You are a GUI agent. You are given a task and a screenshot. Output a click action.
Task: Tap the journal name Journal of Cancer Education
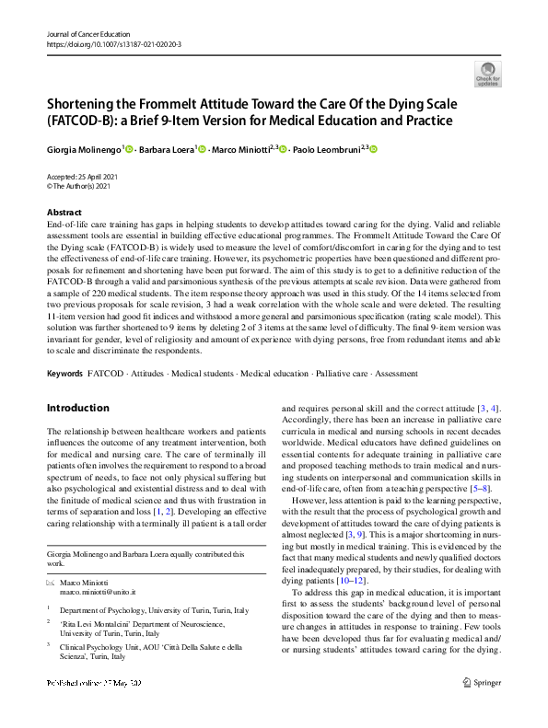pos(90,33)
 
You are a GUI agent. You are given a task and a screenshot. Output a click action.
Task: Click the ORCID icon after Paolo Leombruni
pos(374,149)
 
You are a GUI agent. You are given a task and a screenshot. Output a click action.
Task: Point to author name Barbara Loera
pos(167,150)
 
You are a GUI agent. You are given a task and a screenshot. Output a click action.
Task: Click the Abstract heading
pos(64,213)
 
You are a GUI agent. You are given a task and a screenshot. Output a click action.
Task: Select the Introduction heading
pos(77,408)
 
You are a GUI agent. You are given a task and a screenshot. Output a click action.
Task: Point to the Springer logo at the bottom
pos(481,710)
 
